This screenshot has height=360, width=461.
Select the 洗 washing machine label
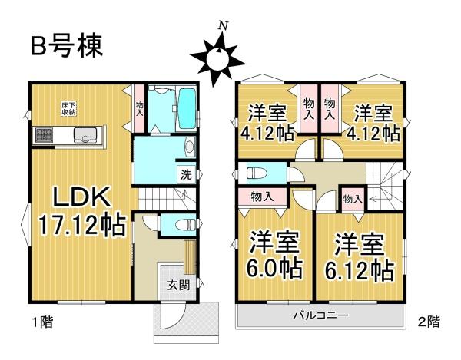(185, 174)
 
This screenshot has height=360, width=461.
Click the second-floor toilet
(254, 173)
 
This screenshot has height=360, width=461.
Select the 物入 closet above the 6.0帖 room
(262, 197)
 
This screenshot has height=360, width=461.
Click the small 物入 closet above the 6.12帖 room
(353, 199)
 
